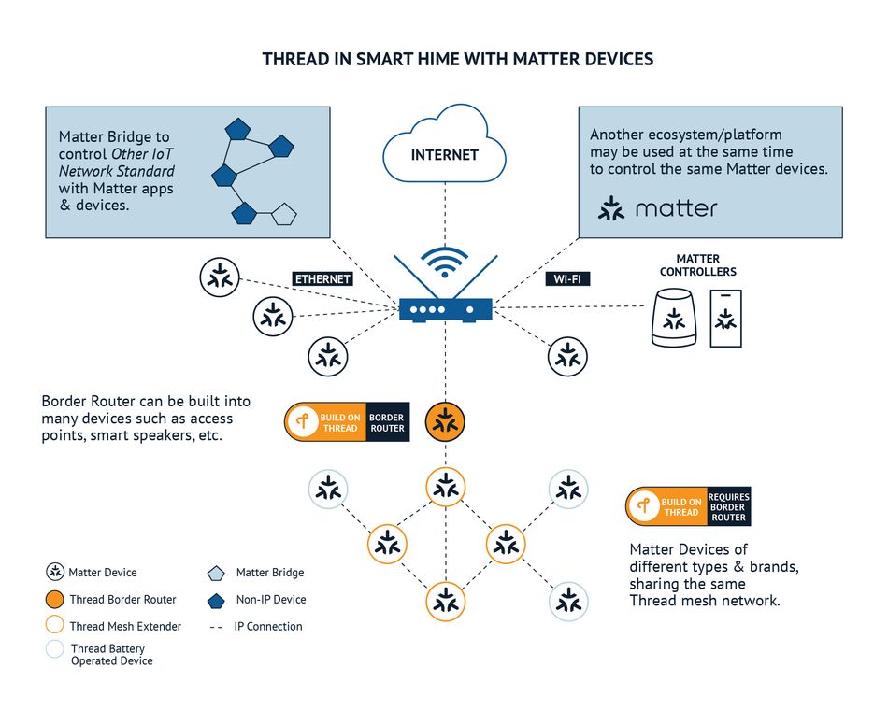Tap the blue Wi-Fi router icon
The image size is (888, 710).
pos(444,308)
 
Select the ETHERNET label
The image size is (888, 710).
pos(322,278)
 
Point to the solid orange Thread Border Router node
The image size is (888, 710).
pos(445,422)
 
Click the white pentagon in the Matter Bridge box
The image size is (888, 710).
pos(283,216)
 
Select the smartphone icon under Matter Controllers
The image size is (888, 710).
pos(725,319)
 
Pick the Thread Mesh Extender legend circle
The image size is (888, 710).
pos(54,626)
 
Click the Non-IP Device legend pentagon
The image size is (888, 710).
pos(216,600)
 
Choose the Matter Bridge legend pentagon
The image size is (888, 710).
pos(216,573)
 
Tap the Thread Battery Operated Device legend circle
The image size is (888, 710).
pos(54,649)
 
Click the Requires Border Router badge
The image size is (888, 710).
pos(688,506)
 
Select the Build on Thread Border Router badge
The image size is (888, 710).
pos(346,421)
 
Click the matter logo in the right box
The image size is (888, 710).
pos(660,208)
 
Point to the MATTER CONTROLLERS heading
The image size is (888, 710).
pos(697,265)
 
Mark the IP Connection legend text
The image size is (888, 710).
pos(267,627)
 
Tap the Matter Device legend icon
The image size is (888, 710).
pos(55,573)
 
